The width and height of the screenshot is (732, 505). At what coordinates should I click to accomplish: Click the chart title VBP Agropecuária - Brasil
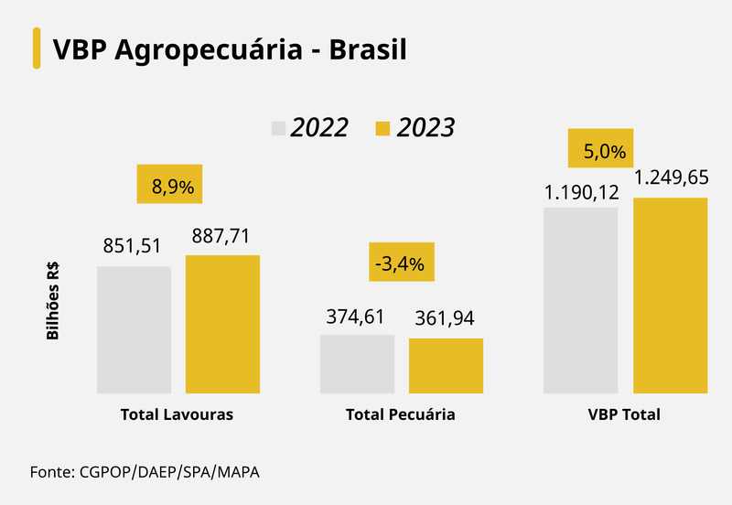(x=229, y=48)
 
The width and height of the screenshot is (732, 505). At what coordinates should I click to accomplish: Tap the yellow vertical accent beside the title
(x=37, y=48)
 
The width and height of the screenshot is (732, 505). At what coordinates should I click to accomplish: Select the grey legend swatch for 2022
(x=279, y=127)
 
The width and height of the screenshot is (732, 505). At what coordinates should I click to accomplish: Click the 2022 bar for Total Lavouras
(x=134, y=329)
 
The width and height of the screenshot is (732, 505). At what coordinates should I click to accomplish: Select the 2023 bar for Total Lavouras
(x=222, y=324)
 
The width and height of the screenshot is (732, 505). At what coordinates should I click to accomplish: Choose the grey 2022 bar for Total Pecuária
(x=357, y=363)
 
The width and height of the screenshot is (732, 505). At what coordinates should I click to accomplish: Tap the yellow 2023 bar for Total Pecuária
(x=446, y=365)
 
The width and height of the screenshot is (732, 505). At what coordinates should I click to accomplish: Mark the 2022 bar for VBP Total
(x=581, y=300)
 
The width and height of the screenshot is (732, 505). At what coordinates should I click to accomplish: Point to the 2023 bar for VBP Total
(x=670, y=295)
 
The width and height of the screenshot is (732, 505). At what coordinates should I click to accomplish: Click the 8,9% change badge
(x=169, y=185)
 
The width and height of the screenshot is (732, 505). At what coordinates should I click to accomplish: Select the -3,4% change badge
(x=401, y=262)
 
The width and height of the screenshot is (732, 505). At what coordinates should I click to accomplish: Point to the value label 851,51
(x=134, y=245)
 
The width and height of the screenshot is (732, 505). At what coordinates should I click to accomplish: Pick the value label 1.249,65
(x=671, y=177)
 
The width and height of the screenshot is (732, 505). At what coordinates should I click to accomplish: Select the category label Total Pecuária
(x=401, y=414)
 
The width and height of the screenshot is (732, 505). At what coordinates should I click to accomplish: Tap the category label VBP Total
(x=624, y=414)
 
